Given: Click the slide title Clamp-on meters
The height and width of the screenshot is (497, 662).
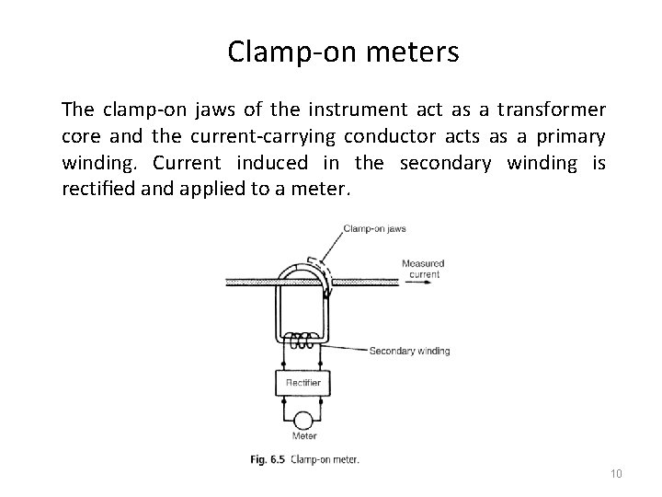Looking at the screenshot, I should [x=343, y=52].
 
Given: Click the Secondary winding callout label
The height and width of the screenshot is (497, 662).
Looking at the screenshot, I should [x=409, y=351].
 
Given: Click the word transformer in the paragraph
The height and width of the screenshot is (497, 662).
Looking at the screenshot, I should [x=549, y=110].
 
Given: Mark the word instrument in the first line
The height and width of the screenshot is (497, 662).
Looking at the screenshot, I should [x=351, y=110].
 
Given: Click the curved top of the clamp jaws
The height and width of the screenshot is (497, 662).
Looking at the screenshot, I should [x=299, y=263].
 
